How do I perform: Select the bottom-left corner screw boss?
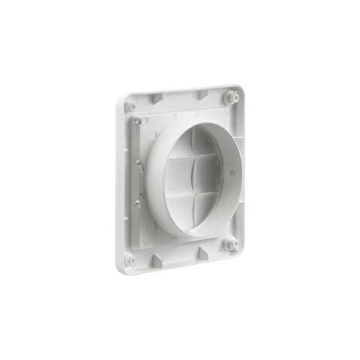pos(130,260)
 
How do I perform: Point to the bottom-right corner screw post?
pos(231,244)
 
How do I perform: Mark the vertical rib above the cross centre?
pos(196,154)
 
